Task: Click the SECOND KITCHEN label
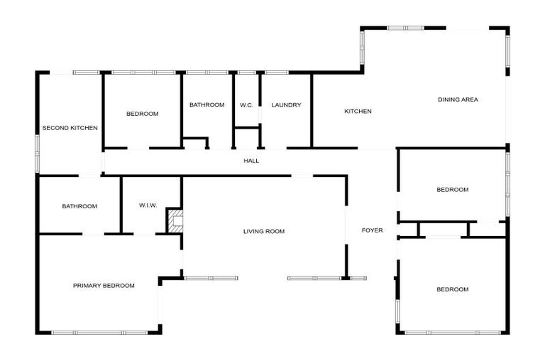coord(70,128)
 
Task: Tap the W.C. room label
coord(246,105)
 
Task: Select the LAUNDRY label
coord(286,105)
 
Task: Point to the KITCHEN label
coord(358,111)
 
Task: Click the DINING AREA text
coord(458,100)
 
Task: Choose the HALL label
coord(251,161)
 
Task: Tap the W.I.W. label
coord(148,205)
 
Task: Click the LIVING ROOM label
coord(263,231)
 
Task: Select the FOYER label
coord(373,230)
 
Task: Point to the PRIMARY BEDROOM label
coord(104,285)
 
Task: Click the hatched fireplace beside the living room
coord(174,220)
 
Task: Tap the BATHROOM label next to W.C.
coord(207,105)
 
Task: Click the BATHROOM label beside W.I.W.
coord(79,206)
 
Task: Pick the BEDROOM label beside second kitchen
coord(142,114)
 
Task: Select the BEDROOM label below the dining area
coord(452,190)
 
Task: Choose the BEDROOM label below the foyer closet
coord(452,289)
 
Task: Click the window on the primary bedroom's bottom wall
coord(99,333)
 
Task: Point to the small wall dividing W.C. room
coord(247,128)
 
